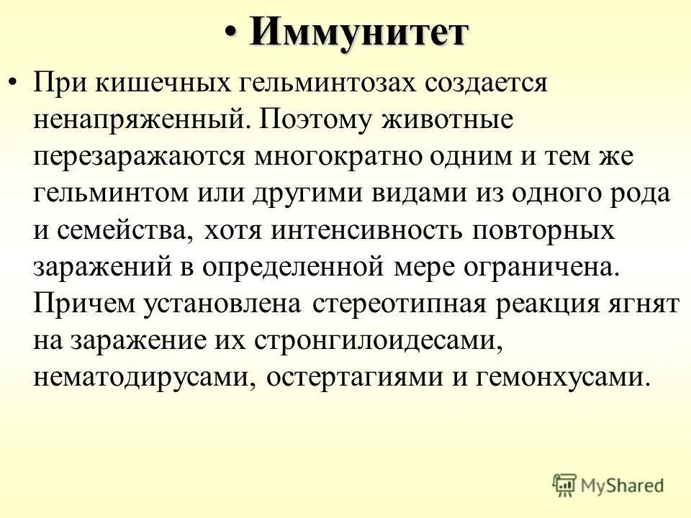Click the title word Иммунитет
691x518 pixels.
tap(359, 32)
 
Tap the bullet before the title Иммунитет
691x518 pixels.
tap(230, 33)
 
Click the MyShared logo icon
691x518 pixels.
tap(565, 484)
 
